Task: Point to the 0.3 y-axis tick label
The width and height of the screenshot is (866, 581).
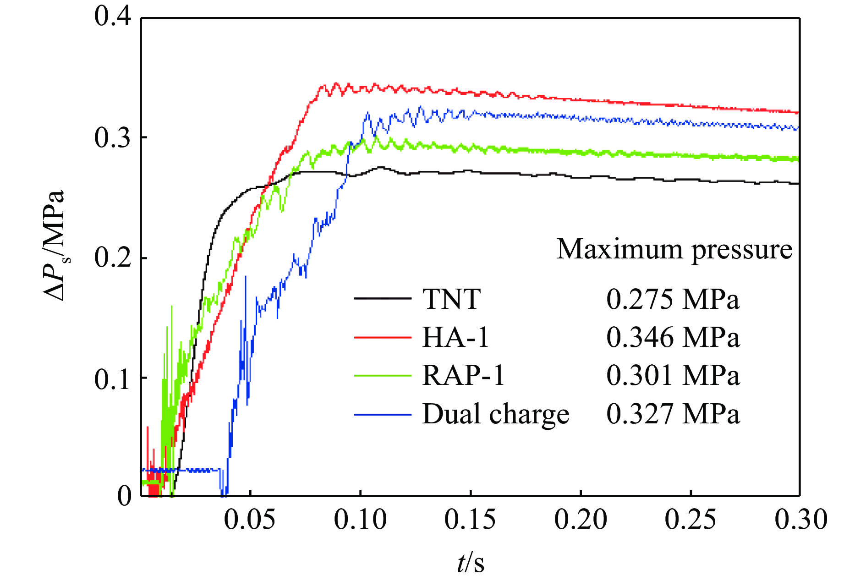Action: coord(113,137)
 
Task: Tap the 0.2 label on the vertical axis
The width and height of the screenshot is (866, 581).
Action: coord(113,257)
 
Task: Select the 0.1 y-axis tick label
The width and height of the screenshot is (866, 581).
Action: coord(113,378)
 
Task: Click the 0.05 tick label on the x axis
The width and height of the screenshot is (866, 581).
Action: coord(250,520)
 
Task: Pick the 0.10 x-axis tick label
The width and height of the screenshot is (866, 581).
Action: coord(360,520)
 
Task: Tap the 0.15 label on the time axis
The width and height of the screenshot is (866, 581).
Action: coord(470,520)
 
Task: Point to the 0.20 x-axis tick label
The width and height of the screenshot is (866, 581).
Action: coord(581,520)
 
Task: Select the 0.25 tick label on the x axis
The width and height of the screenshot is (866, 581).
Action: coord(691,520)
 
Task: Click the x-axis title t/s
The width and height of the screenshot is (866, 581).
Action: coord(471,562)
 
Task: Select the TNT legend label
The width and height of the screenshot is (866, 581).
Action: coord(451,299)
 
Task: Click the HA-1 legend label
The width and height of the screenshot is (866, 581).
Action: coord(455,338)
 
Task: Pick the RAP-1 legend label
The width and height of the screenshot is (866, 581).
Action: coord(463,376)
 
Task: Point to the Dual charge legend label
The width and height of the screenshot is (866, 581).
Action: coord(495,414)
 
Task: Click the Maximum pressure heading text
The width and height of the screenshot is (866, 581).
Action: coord(674,250)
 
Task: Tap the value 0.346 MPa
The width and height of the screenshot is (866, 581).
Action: coord(673,338)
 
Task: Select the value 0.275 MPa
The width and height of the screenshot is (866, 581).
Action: coord(673,299)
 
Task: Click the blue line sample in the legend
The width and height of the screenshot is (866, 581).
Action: coord(383,415)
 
